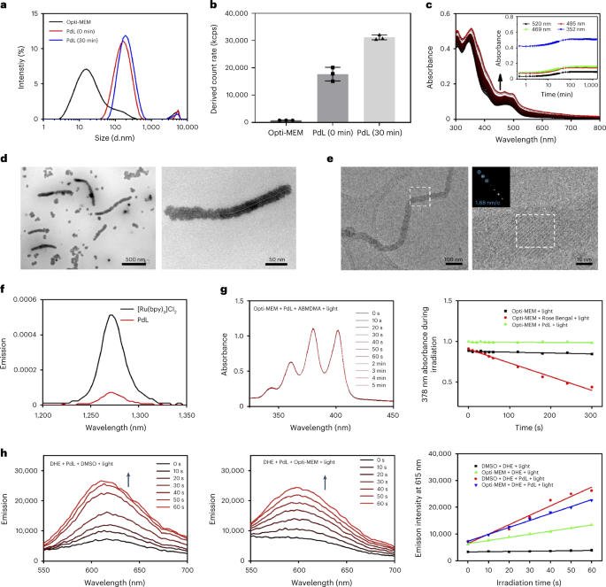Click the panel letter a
[x=6, y=5]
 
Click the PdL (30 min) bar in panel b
[x=380, y=79]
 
